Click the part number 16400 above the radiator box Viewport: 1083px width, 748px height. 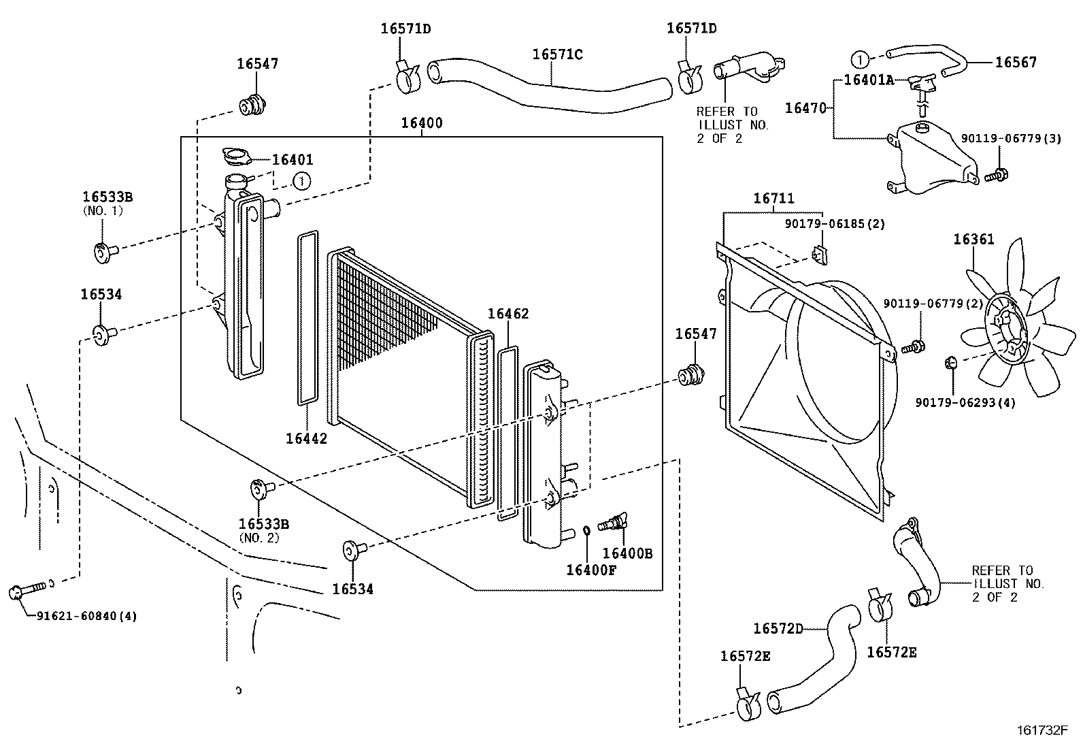point(422,123)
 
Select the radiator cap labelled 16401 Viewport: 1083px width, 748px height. point(237,157)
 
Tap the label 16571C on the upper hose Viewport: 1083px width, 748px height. point(557,54)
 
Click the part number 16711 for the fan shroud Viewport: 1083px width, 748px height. point(773,198)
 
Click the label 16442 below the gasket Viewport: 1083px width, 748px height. point(307,439)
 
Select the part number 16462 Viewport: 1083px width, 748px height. point(508,314)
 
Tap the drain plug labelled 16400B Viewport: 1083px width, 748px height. point(613,523)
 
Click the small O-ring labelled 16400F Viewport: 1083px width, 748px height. point(586,531)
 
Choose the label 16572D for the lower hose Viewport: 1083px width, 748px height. point(778,628)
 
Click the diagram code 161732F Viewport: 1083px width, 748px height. point(1042,730)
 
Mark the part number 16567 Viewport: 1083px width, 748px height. point(1016,63)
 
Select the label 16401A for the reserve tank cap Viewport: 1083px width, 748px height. point(869,80)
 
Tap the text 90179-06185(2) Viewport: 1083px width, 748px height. point(835,224)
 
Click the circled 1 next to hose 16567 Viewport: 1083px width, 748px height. point(860,60)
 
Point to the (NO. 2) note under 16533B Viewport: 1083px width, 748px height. point(259,538)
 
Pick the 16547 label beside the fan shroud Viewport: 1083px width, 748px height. point(696,334)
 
